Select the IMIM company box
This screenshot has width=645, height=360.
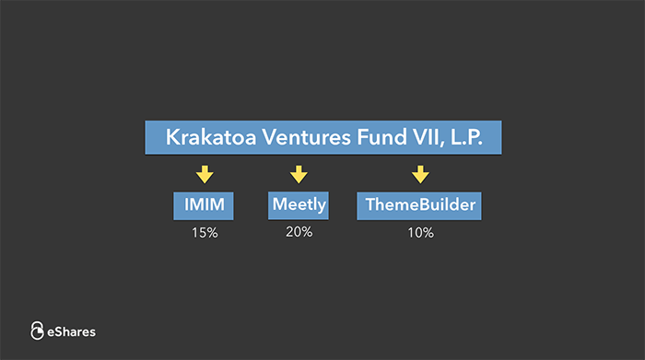204,205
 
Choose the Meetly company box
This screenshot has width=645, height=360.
299,204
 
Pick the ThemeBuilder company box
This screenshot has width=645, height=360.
419,205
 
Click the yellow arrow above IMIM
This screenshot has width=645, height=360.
205,173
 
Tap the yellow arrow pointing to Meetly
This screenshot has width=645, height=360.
298,173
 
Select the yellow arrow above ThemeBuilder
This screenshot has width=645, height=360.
420,173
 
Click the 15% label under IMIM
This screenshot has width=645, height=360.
204,233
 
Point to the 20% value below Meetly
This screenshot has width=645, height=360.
299,232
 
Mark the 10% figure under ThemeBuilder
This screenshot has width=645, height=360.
420,233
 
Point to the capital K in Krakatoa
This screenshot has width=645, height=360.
172,137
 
